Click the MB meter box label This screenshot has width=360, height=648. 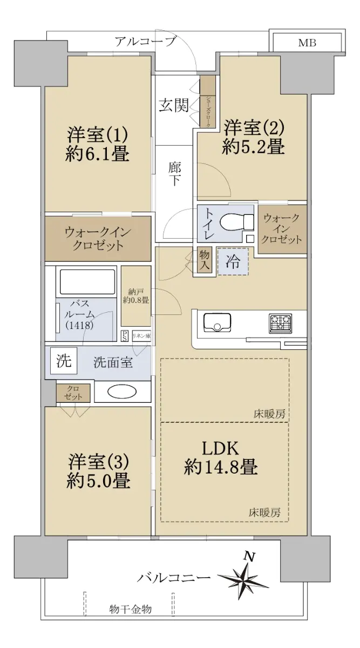point(307,43)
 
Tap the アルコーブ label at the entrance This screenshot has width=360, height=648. point(145,42)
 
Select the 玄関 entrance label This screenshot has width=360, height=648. point(174,105)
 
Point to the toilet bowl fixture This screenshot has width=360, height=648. point(236,222)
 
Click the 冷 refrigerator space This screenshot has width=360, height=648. point(233,262)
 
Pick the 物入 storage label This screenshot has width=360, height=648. point(205,260)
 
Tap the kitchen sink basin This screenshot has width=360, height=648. point(218,322)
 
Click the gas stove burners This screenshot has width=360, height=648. point(280,323)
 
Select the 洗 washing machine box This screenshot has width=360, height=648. point(64,361)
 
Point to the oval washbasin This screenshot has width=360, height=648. point(122,392)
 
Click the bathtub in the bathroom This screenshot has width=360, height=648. point(87,282)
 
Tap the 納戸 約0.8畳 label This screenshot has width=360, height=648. point(135,296)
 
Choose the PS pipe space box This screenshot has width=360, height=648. point(124,336)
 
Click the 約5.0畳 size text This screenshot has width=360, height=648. point(98,481)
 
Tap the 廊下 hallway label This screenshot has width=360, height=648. point(174,174)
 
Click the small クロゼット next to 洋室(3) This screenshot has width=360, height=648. point(73,393)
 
